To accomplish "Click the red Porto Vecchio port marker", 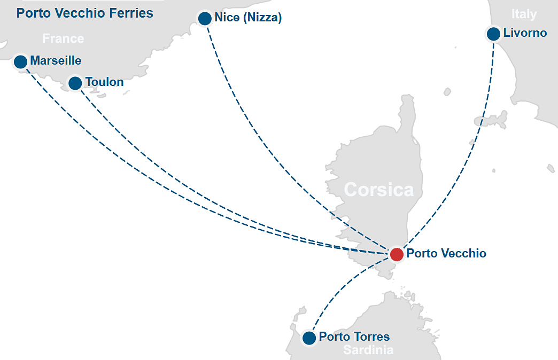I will click(x=396, y=254).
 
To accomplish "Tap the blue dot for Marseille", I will click(x=20, y=61).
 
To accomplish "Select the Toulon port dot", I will click(x=75, y=83).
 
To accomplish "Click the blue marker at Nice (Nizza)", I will click(x=205, y=19).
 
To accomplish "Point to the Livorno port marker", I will click(x=493, y=34).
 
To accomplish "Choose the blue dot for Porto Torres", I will click(x=309, y=338).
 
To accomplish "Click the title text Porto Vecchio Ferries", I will click(x=84, y=13).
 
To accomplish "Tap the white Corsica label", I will click(x=378, y=189).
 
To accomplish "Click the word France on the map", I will click(x=63, y=38).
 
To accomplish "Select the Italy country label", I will click(x=523, y=14).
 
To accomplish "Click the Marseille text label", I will click(x=56, y=60).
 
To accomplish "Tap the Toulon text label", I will click(x=104, y=82).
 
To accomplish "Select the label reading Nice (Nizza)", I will click(x=247, y=18).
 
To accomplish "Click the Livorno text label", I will click(x=525, y=33).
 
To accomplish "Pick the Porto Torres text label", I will click(x=354, y=337).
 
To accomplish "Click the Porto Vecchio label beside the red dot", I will click(x=446, y=253).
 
